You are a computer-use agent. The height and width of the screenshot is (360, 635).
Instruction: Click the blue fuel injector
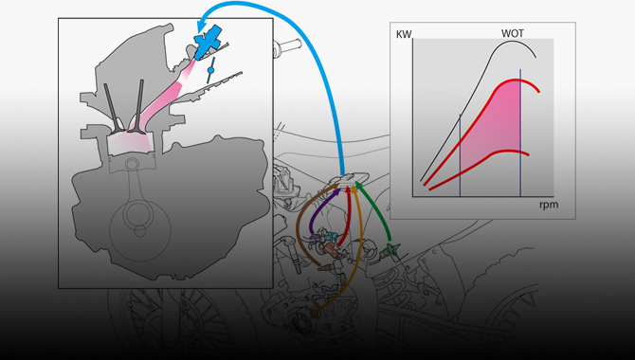[208, 42]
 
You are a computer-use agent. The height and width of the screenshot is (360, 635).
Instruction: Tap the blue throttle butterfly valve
[210, 70]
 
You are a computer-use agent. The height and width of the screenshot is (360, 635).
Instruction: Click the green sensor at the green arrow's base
[390, 249]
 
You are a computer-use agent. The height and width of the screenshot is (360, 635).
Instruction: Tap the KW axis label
[404, 34]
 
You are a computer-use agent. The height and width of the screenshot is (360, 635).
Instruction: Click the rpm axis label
[549, 205]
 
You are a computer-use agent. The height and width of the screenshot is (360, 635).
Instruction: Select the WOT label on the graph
[513, 33]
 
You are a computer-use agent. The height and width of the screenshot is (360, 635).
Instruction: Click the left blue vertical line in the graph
[460, 155]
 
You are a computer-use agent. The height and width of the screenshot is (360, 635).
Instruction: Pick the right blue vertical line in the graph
[520, 133]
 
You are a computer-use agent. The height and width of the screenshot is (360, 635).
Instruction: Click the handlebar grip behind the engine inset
[287, 45]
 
